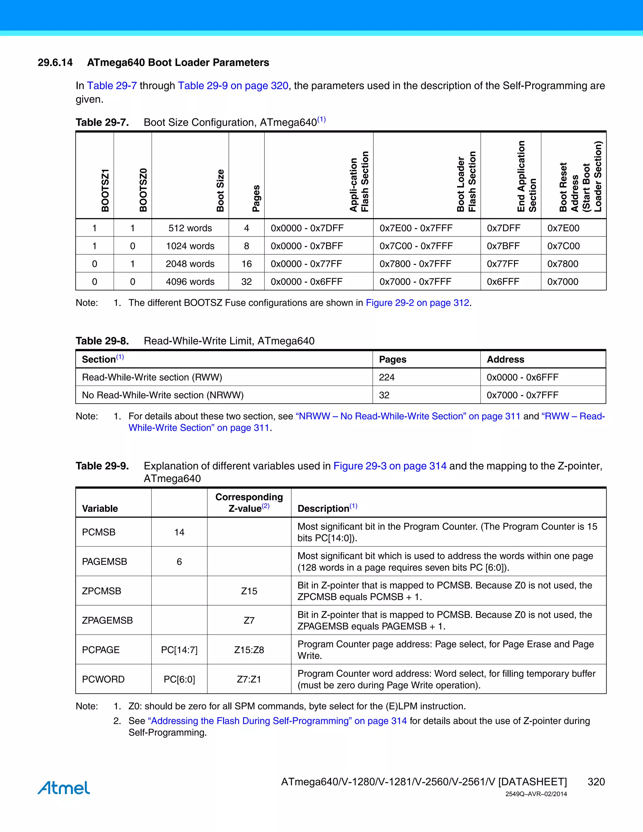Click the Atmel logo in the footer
tap(64, 787)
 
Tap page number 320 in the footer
tap(596, 782)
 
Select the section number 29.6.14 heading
tap(55, 62)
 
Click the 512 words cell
tap(190, 228)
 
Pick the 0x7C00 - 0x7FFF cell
tap(416, 246)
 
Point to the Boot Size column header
tap(220, 191)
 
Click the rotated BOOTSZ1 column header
tap(105, 191)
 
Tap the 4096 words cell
tap(190, 282)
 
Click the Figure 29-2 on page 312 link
tap(418, 303)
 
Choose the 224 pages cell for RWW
tap(386, 377)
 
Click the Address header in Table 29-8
tap(505, 359)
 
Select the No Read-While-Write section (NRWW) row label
tap(163, 395)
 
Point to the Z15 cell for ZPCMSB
tap(249, 591)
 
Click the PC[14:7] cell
tap(179, 650)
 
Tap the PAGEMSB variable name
tap(104, 562)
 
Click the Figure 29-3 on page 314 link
tap(390, 466)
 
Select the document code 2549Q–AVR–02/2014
tap(536, 794)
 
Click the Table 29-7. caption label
tap(102, 123)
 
